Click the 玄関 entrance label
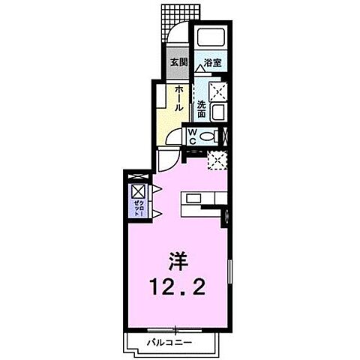(x=177, y=61)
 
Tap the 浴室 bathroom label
(x=208, y=63)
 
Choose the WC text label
(x=192, y=136)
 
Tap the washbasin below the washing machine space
(x=218, y=112)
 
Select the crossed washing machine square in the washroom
(x=218, y=90)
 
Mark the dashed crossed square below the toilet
(x=217, y=158)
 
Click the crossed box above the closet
(x=139, y=190)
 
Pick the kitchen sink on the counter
(x=193, y=198)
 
